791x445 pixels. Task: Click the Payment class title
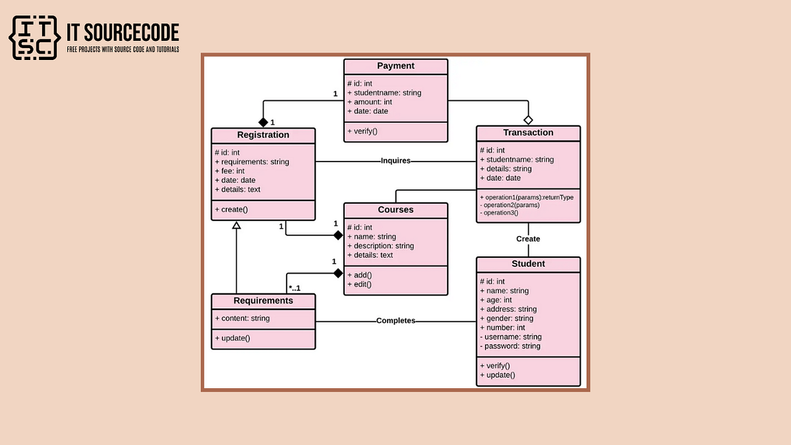[x=395, y=66]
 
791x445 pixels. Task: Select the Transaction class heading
[x=528, y=133]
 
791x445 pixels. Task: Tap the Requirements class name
[x=263, y=301]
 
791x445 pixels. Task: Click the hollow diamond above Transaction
[x=528, y=120]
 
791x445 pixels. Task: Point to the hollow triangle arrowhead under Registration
[x=236, y=225]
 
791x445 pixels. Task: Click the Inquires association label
[x=395, y=160]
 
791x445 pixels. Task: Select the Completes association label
[x=395, y=321]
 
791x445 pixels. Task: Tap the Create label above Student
[x=528, y=239]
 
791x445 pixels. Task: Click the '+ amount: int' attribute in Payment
[x=370, y=102]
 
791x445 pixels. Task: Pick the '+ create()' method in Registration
[x=231, y=210]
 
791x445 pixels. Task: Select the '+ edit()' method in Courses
[x=360, y=284]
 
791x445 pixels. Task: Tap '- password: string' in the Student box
[x=510, y=346]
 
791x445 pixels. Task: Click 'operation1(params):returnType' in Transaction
[x=527, y=197]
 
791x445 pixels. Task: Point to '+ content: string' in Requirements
[x=243, y=318]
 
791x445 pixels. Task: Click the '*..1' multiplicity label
[x=294, y=288]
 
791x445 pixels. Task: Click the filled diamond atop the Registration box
[x=263, y=122]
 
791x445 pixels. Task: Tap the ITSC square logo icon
[x=34, y=38]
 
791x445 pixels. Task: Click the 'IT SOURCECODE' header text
[x=123, y=32]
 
